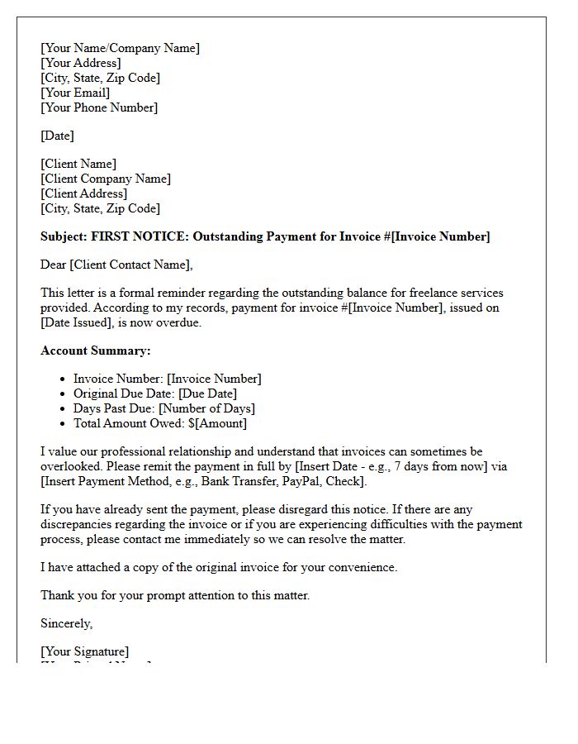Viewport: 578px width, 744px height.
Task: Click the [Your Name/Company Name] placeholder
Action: coord(120,48)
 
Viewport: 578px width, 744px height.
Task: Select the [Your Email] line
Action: coord(75,93)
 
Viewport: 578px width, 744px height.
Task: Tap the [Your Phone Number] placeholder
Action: coord(99,107)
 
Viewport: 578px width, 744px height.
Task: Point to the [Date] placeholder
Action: coord(57,136)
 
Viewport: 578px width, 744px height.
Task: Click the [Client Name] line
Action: coord(78,164)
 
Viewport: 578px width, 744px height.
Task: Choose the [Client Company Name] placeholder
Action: coord(106,179)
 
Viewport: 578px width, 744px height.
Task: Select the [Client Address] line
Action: coord(84,193)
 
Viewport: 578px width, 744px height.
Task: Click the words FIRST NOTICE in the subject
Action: coord(139,236)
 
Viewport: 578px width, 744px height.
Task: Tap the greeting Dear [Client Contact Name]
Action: coord(116,265)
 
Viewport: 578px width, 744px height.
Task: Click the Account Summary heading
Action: coord(96,351)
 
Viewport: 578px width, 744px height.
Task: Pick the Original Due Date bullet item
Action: coord(155,393)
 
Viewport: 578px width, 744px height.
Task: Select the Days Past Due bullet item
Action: coord(164,408)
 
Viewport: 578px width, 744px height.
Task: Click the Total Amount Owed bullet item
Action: coord(160,423)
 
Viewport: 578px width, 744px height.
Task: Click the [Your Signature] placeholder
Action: coord(85,651)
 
